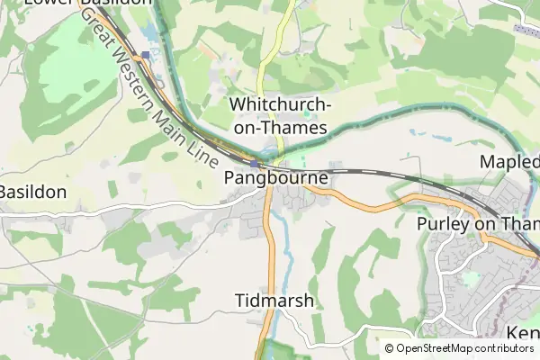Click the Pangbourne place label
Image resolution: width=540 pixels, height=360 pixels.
275,179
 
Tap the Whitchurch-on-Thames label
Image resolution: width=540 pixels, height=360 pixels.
281,116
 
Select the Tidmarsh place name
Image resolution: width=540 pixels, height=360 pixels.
274,301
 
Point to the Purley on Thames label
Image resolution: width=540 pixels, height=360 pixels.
478,223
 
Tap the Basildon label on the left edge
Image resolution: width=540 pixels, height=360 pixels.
32,192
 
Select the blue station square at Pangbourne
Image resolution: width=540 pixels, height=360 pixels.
256,165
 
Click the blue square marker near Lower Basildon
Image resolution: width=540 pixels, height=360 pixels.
145,55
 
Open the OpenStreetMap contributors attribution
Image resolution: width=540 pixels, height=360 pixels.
465,348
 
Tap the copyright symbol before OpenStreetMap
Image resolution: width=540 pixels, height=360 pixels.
390,348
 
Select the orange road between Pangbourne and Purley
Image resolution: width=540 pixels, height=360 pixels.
378,206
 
